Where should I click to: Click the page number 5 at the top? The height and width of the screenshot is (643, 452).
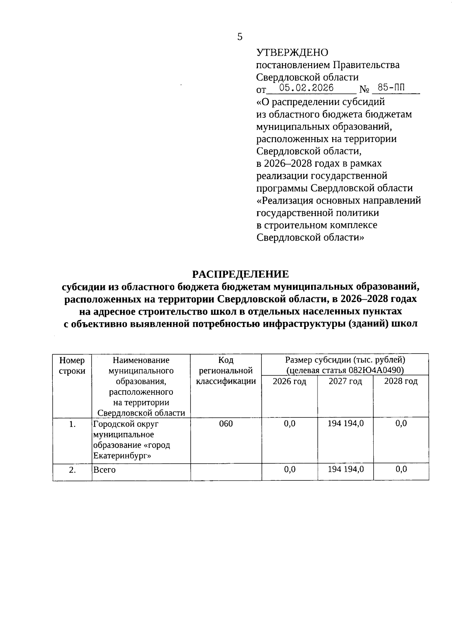240,37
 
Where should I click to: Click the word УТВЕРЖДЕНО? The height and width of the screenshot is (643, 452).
292,53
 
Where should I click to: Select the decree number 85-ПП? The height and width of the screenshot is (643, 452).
389,88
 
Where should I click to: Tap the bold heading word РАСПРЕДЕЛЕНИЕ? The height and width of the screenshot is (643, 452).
241,274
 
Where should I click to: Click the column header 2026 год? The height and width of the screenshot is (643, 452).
289,381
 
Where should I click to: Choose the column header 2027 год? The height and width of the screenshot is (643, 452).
345,381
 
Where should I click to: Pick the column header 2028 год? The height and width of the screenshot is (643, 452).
401,381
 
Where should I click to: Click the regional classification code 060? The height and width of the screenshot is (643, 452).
226,424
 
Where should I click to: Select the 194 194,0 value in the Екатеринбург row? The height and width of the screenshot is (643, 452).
345,424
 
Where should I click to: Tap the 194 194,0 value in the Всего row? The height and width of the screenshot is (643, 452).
345,469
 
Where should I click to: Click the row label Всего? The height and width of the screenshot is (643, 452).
104,470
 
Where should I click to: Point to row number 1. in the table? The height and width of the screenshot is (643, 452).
72,424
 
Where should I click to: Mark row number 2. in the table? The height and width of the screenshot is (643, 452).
72,470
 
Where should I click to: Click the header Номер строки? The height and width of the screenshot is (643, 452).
72,366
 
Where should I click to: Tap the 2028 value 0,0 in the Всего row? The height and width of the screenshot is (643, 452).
401,469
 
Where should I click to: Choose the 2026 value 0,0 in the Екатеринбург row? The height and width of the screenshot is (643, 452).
289,424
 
